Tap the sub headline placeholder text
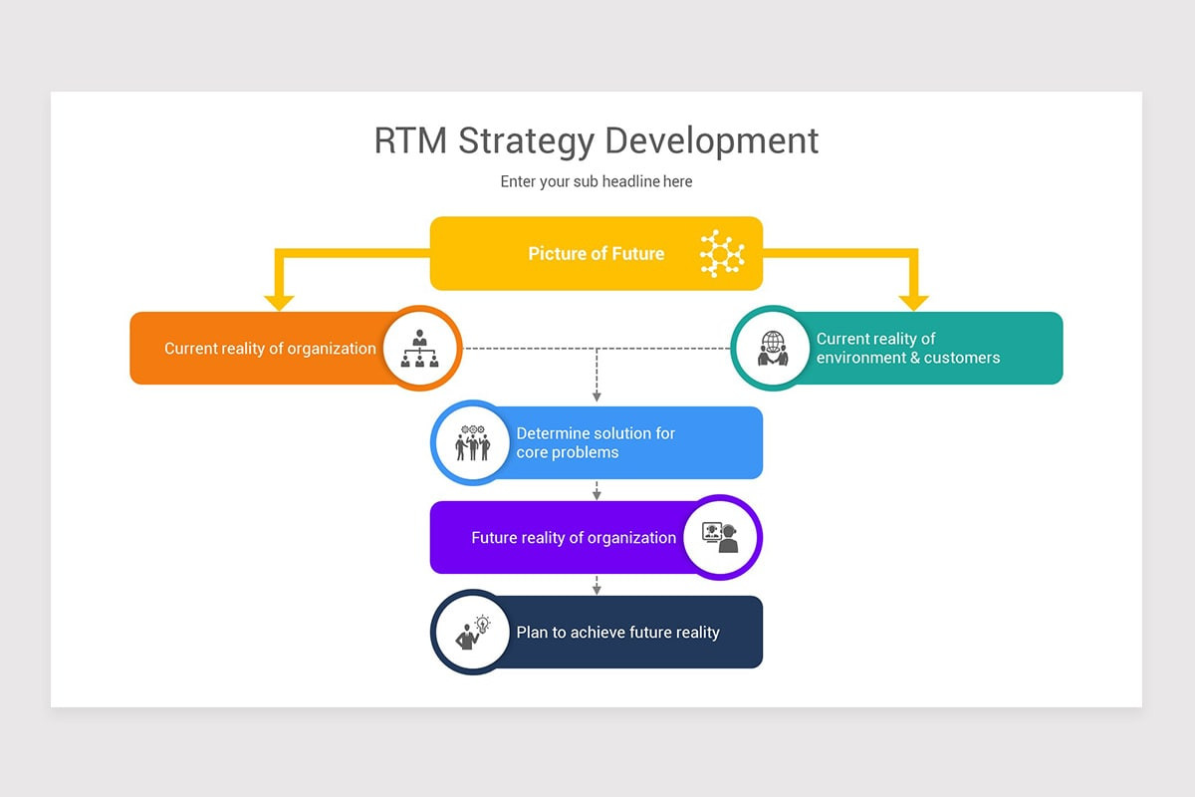point(596,181)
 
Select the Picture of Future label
point(596,254)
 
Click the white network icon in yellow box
point(721,253)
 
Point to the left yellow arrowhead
point(279,303)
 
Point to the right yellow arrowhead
point(913,303)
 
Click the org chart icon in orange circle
point(420,348)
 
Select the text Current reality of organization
point(270,349)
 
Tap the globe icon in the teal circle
point(772,348)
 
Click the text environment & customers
point(907,358)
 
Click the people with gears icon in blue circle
point(472,442)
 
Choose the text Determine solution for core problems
point(595,442)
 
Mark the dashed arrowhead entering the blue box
point(597,398)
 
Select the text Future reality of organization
point(574,538)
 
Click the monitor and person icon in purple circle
point(721,537)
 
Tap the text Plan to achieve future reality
point(617,633)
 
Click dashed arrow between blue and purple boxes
point(597,490)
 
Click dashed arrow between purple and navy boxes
point(597,585)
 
